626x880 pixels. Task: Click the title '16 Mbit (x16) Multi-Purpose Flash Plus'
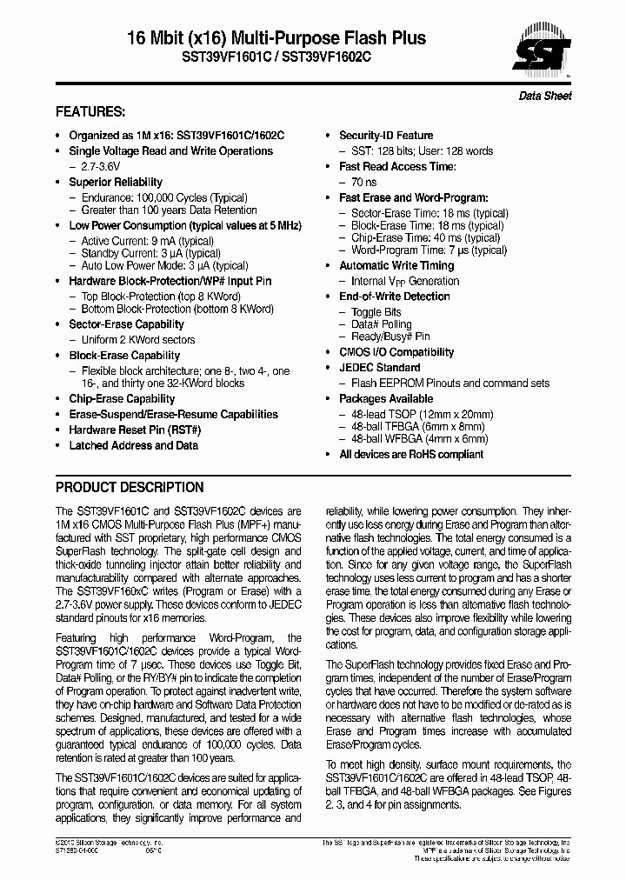pyautogui.click(x=276, y=38)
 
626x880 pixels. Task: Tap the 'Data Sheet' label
pyautogui.click(x=545, y=96)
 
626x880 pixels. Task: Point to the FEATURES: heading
pyautogui.click(x=90, y=112)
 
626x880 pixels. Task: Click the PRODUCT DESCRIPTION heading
pyautogui.click(x=130, y=487)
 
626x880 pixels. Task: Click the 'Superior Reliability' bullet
pyautogui.click(x=116, y=182)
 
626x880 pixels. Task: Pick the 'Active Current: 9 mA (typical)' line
pyautogui.click(x=147, y=241)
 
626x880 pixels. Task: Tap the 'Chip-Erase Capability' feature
pyautogui.click(x=121, y=398)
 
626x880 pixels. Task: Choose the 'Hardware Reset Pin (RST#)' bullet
pyautogui.click(x=135, y=430)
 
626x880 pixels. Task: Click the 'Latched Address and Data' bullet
pyautogui.click(x=133, y=445)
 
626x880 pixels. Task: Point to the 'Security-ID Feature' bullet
pyautogui.click(x=385, y=136)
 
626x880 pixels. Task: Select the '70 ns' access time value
pyautogui.click(x=363, y=182)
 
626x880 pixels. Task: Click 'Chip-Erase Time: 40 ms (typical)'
pyautogui.click(x=425, y=237)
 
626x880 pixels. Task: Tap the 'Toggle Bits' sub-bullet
pyautogui.click(x=376, y=312)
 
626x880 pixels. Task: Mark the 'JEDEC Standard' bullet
pyautogui.click(x=379, y=368)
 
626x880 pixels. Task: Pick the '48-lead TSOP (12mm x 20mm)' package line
pyautogui.click(x=422, y=415)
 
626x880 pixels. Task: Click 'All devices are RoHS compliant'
pyautogui.click(x=411, y=454)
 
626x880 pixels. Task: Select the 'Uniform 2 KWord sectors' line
pyautogui.click(x=138, y=340)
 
